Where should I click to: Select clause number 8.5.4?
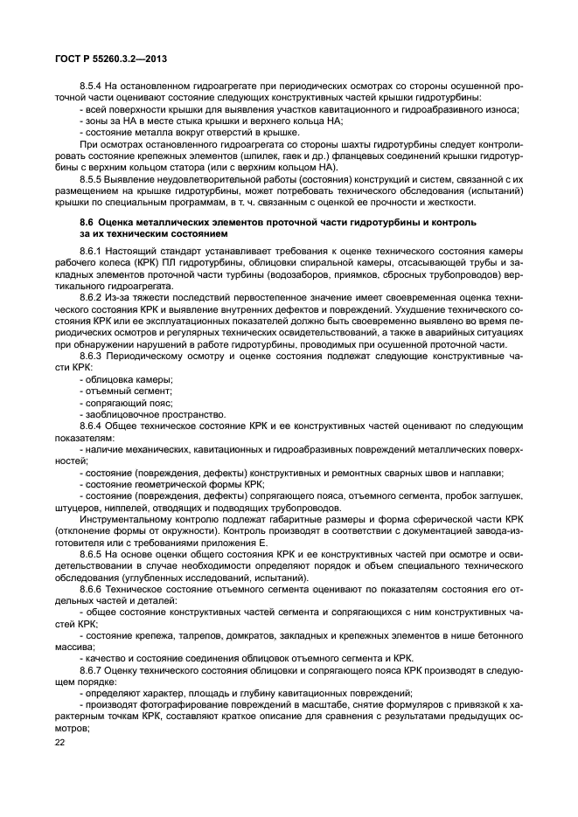[92, 87]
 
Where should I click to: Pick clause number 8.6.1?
[92, 252]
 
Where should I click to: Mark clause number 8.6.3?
[92, 356]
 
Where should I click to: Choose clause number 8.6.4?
[92, 425]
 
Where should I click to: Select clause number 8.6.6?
[92, 590]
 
